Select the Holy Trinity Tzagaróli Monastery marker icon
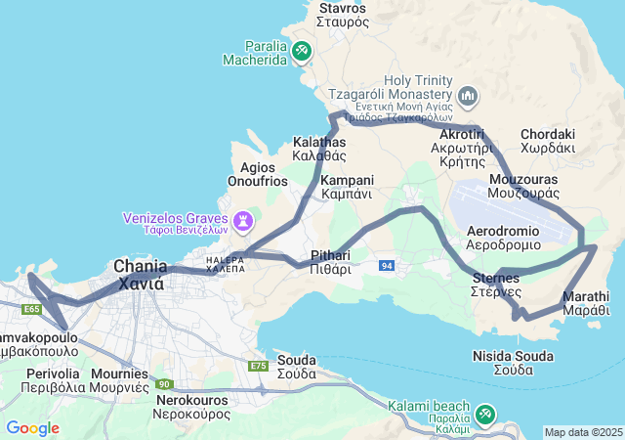468,97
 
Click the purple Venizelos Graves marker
242,222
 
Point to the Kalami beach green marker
485,414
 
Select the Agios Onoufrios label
258,174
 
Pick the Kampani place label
347,187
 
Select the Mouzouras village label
522,187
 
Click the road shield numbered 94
388,266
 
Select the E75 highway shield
259,366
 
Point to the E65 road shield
31,309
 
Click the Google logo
32,428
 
